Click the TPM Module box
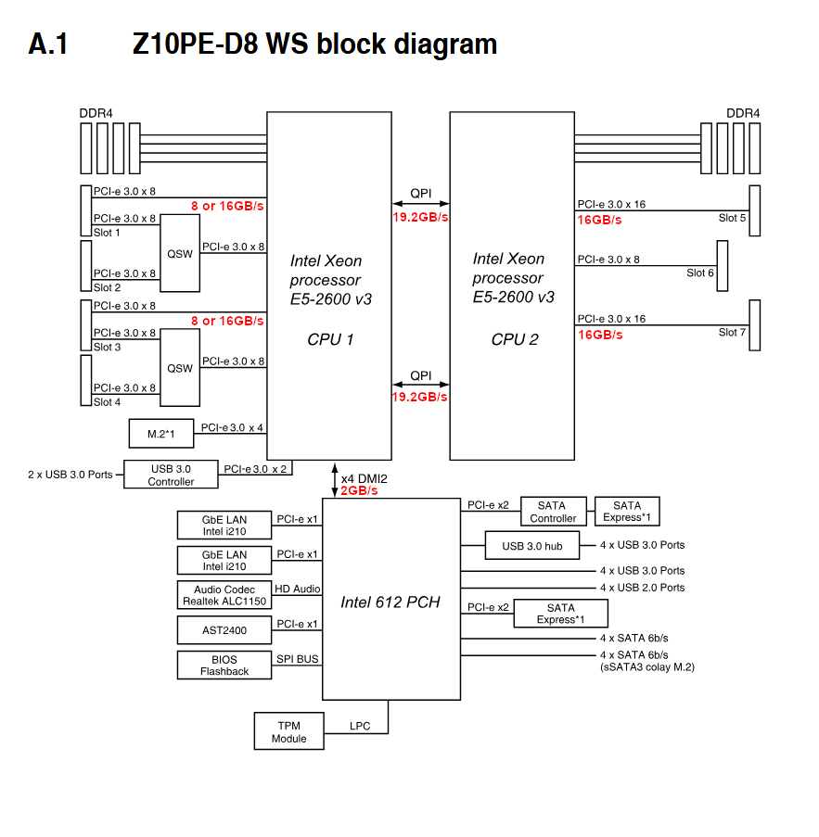click(289, 731)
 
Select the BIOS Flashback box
click(224, 666)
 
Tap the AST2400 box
click(224, 630)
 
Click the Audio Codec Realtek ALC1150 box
click(224, 596)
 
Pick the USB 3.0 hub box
click(532, 546)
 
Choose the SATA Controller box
click(553, 512)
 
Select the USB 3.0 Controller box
click(171, 476)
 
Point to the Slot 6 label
click(700, 273)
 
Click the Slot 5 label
click(732, 218)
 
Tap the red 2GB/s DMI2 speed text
click(359, 490)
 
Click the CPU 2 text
click(514, 339)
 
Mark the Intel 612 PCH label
click(390, 602)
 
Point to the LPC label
click(360, 726)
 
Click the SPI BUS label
click(298, 659)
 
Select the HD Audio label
click(298, 589)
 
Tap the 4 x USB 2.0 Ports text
click(642, 588)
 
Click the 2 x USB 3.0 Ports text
click(70, 475)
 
